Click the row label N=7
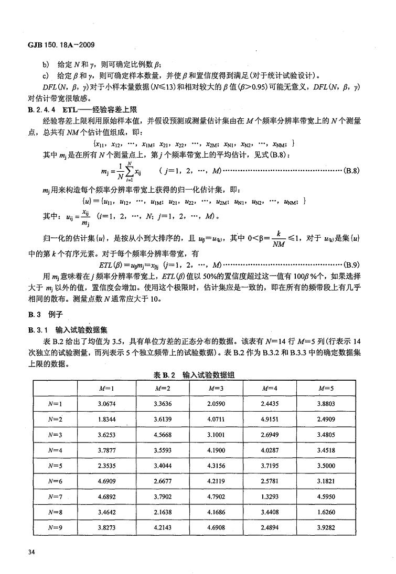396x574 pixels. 55,496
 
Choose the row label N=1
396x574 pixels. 55,404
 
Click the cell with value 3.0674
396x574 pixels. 106,404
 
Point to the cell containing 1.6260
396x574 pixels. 326,512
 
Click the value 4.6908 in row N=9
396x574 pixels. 216,528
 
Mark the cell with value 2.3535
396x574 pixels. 106,466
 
